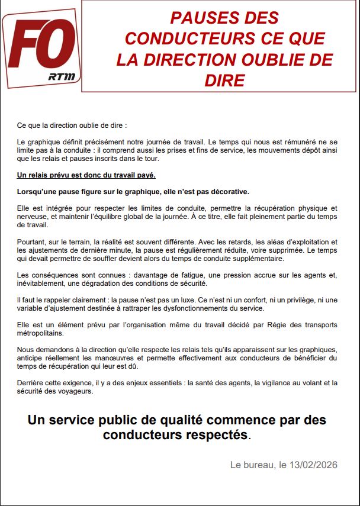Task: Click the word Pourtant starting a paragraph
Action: point(32,241)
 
